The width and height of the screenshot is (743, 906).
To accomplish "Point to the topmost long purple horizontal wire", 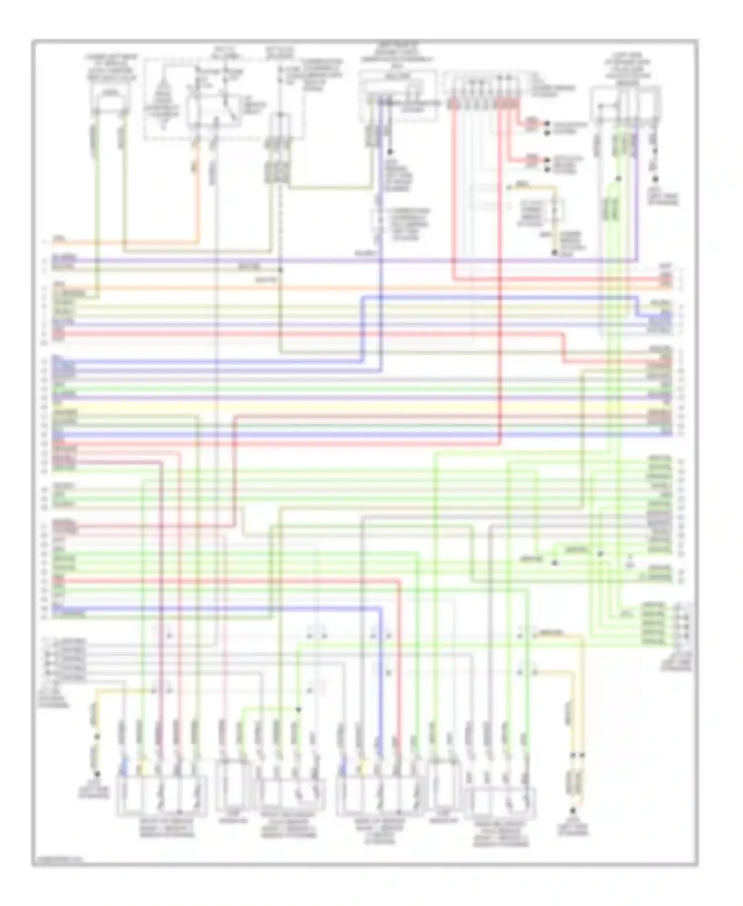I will coord(347,261).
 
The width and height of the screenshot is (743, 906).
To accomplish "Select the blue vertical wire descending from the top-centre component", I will coord(381,223).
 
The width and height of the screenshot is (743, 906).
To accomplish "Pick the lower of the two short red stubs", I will coord(531,160).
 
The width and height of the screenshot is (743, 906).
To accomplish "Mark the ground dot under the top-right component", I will coord(655,179).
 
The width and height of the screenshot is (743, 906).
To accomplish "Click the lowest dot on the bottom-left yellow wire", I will coord(98,774).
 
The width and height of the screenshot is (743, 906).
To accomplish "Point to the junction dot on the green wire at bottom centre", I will coord(299,710).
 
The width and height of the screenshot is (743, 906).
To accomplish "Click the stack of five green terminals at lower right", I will coord(654,623).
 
